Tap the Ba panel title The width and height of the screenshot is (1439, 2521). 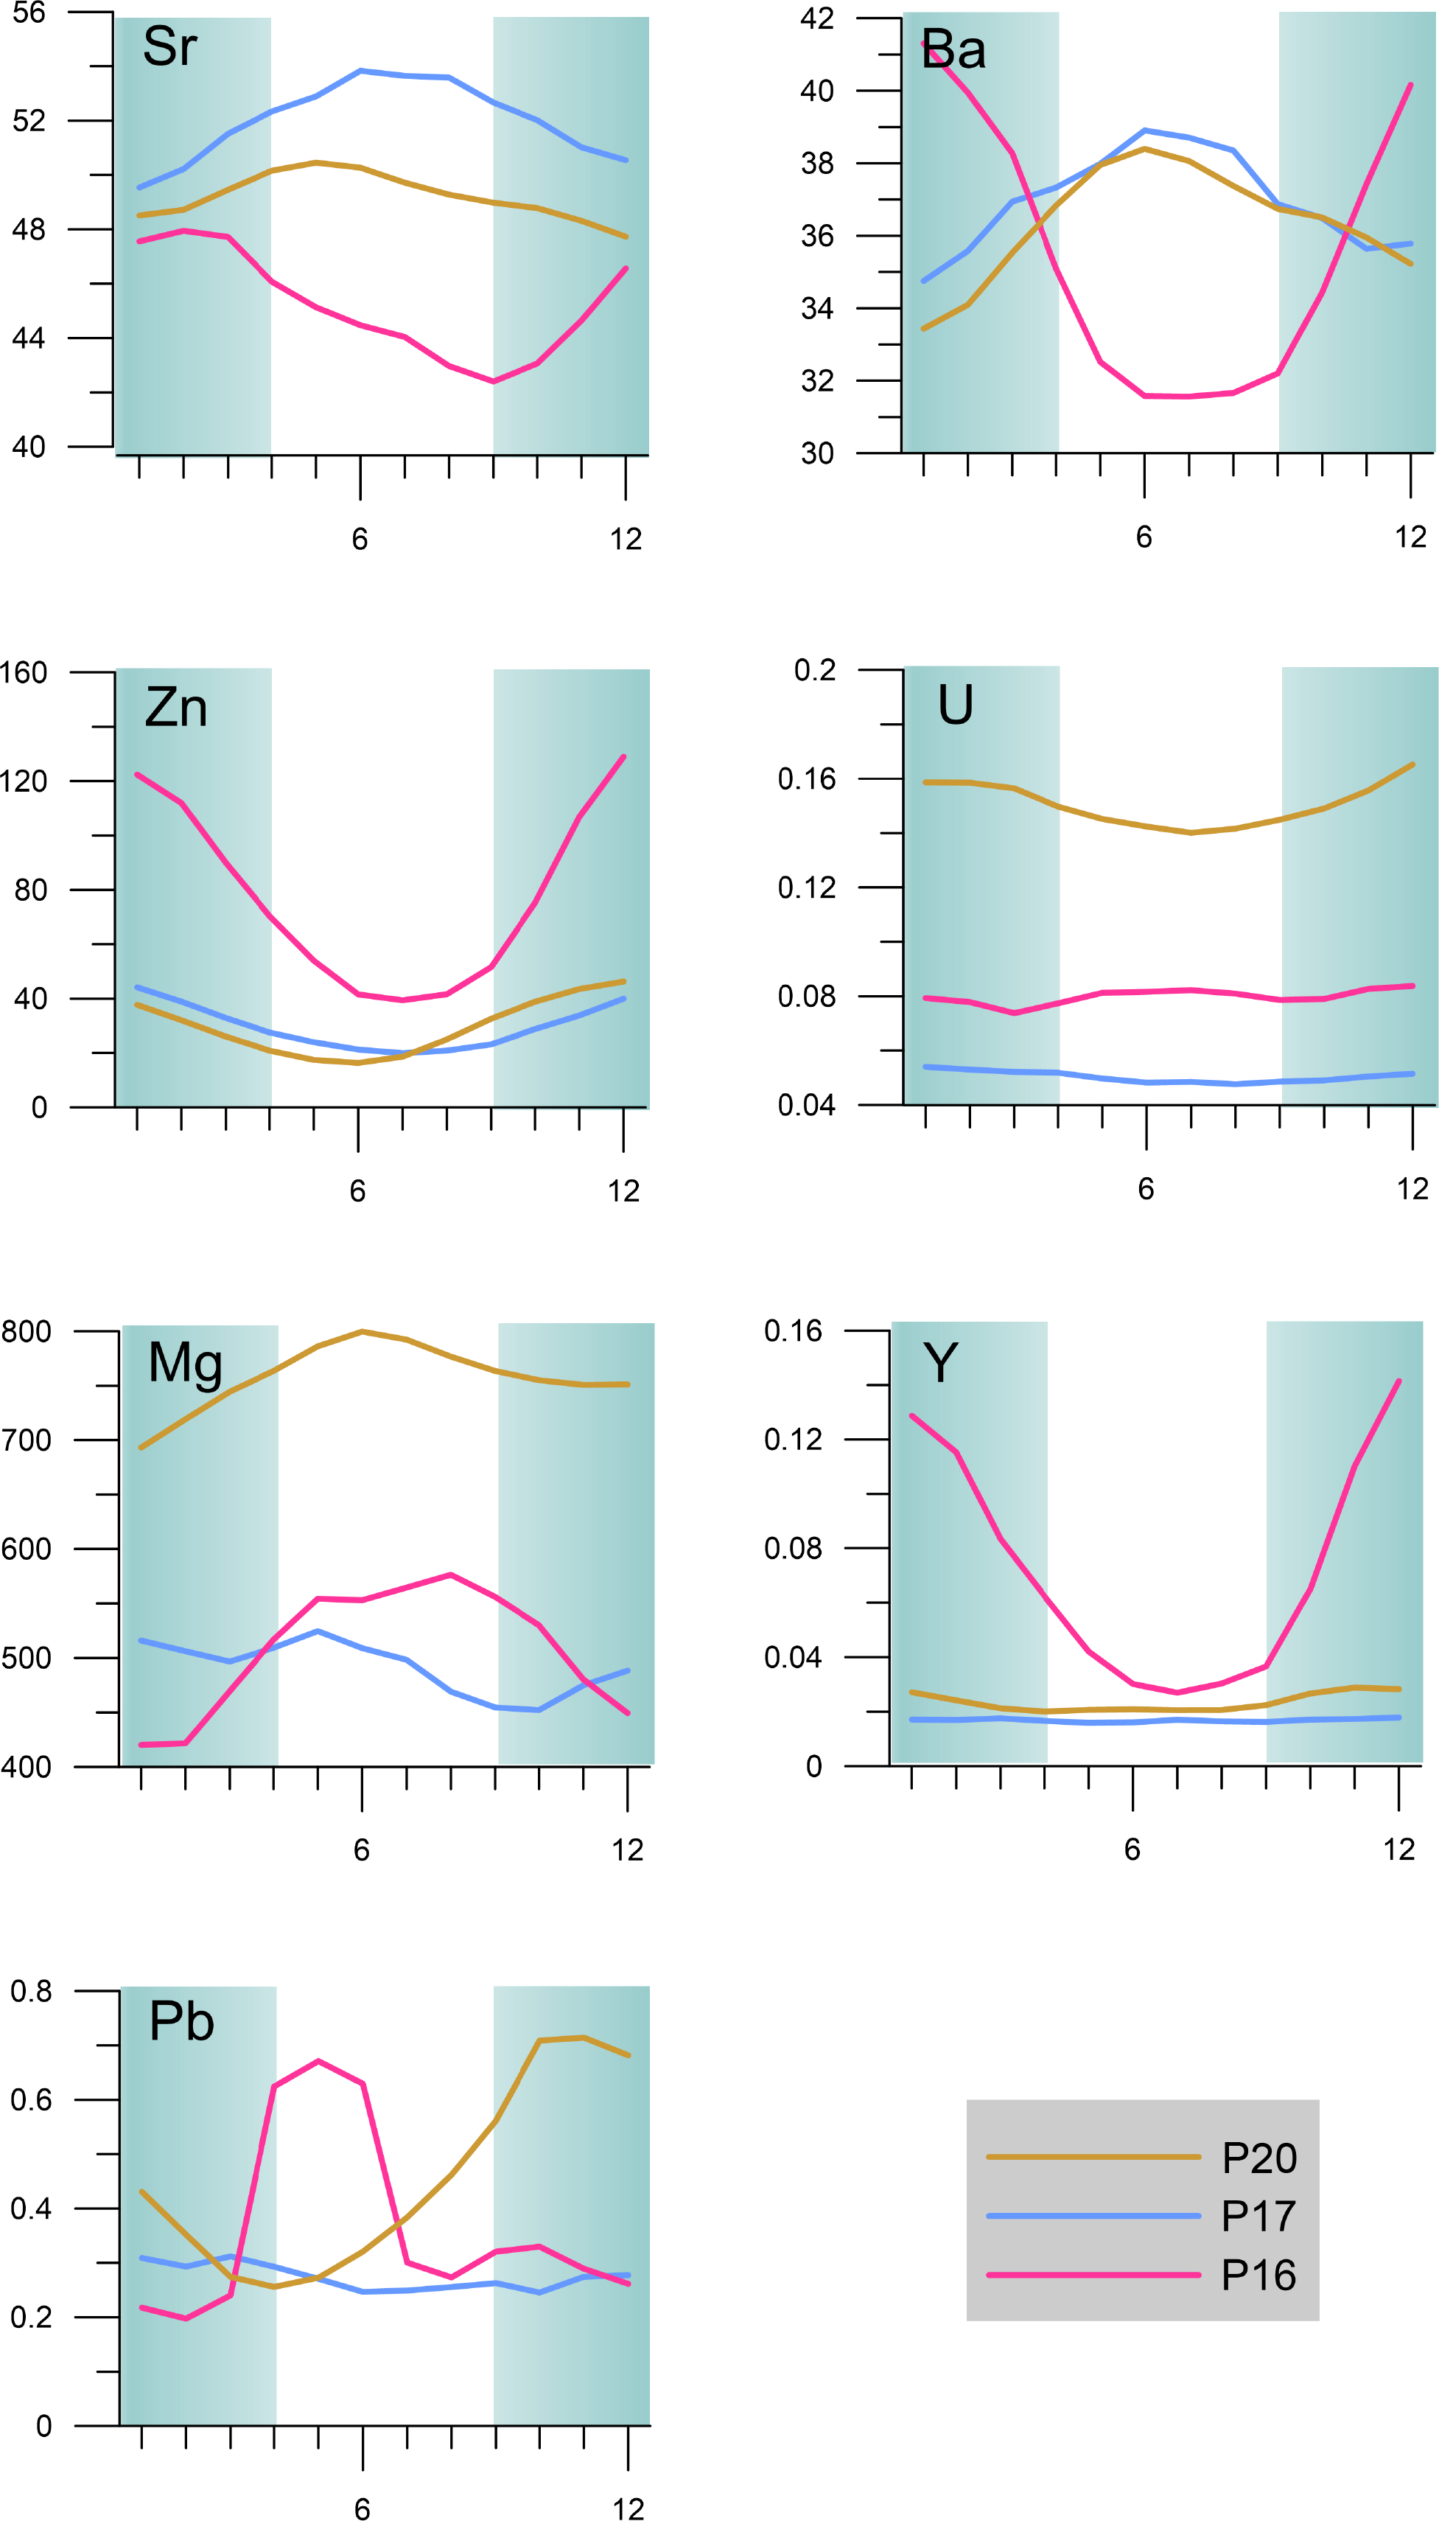[953, 49]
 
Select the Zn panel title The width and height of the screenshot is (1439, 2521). [176, 708]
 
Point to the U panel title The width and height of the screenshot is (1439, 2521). [955, 705]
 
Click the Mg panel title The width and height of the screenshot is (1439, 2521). [185, 1363]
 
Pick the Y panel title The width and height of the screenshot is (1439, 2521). [940, 1363]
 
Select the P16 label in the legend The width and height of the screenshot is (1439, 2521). [1258, 2275]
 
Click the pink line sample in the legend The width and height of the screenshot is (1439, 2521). [1092, 2275]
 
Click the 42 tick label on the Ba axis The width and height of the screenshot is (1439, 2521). [816, 18]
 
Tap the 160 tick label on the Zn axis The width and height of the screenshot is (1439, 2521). [24, 672]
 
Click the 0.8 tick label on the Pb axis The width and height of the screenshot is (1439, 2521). [31, 1990]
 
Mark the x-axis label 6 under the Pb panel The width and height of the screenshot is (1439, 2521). [362, 2508]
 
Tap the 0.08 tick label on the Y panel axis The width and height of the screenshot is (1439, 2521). [793, 1548]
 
